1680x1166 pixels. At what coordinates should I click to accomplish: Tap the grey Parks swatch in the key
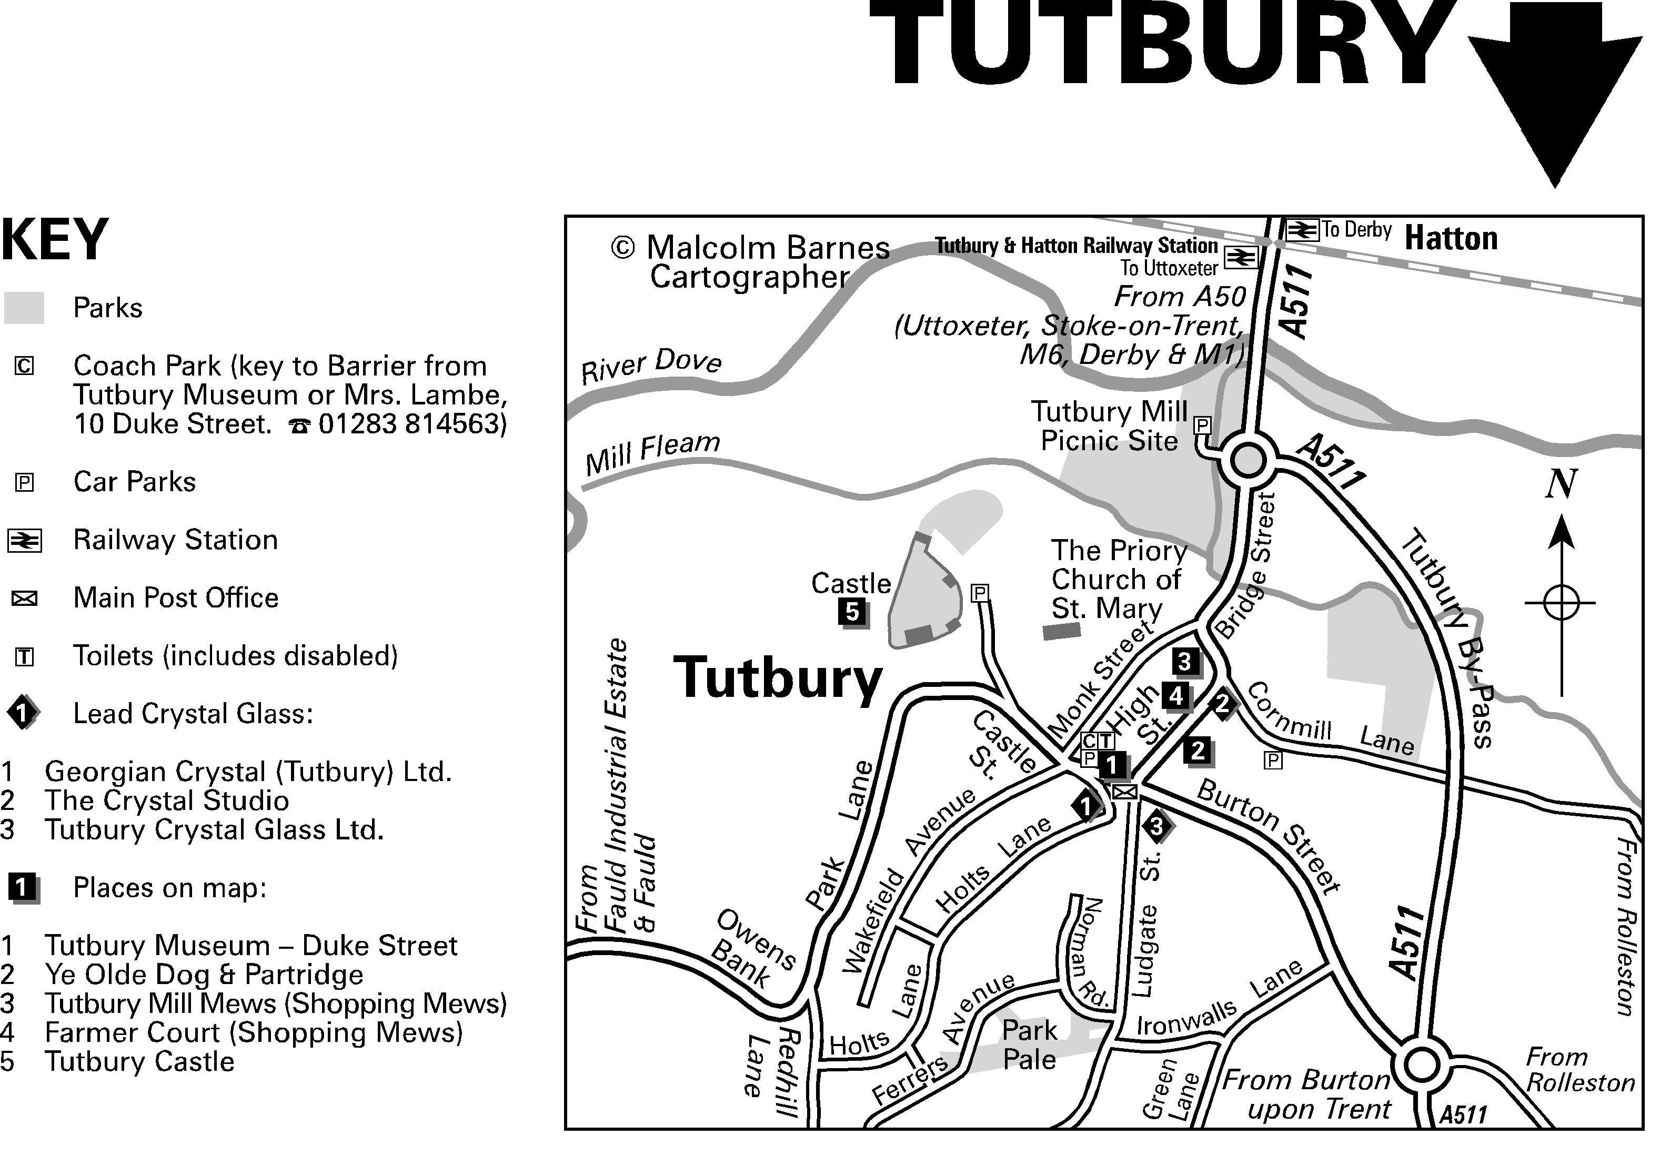[x=24, y=308]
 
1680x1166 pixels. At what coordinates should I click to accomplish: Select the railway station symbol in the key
[x=24, y=541]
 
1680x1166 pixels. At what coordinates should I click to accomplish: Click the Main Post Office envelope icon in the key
[x=24, y=599]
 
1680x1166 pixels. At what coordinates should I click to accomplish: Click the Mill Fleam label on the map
[x=652, y=452]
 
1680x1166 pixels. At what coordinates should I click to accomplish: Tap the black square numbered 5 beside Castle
[x=852, y=612]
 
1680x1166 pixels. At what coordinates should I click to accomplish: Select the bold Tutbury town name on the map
[x=778, y=678]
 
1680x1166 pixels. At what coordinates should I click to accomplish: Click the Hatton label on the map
[x=1451, y=239]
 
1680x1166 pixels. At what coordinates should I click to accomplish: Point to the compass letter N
[x=1560, y=484]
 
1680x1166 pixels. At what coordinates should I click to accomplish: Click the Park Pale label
[x=1029, y=1045]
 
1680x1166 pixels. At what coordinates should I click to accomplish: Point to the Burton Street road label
[x=1268, y=837]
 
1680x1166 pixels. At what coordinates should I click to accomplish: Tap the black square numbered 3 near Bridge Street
[x=1184, y=661]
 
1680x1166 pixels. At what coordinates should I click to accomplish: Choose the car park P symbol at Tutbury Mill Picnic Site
[x=1202, y=424]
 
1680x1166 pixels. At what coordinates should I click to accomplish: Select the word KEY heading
[x=55, y=240]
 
